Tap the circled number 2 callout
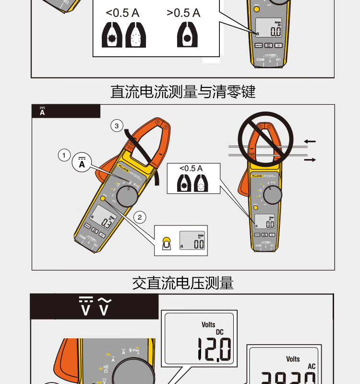pos(139,217)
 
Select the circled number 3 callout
pos(117,126)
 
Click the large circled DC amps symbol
pos(82,164)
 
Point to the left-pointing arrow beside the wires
pos(310,141)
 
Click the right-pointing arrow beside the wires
pos(310,160)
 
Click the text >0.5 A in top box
pos(183,13)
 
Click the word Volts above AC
pos(293,359)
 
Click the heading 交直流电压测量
pos(183,283)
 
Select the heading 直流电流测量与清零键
pos(183,91)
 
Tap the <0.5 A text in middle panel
pos(191,169)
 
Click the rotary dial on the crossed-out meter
pos(271,195)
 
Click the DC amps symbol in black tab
pos(42,111)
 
